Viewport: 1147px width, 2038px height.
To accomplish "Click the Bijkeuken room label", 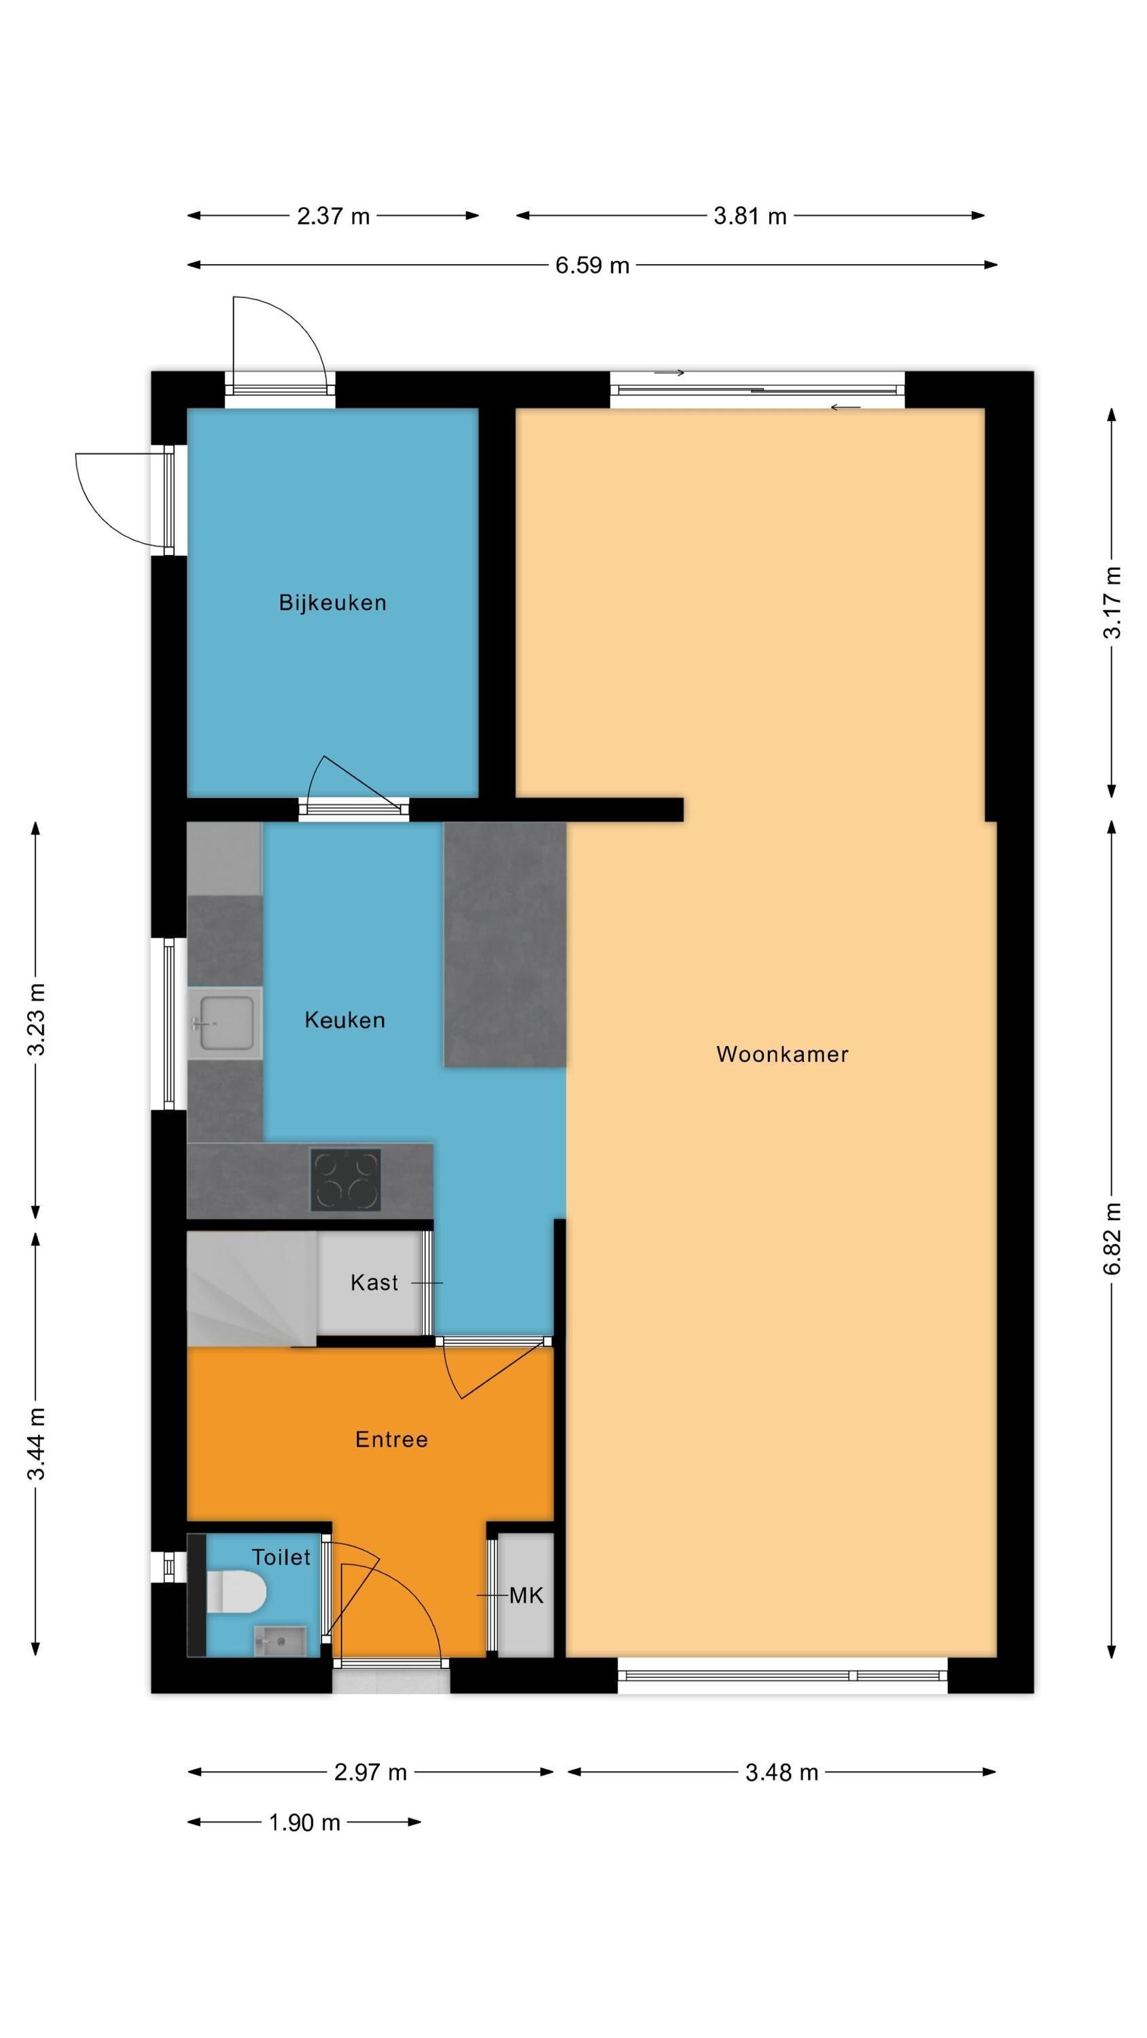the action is tap(332, 603).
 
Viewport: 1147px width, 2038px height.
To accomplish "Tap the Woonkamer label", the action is tap(782, 1054).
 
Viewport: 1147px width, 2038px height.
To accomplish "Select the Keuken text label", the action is tap(345, 1020).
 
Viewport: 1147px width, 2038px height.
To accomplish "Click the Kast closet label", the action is tap(374, 1283).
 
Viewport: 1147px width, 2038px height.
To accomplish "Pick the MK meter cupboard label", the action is tap(527, 1596).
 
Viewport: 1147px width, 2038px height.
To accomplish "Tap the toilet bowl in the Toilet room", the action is tap(235, 1592).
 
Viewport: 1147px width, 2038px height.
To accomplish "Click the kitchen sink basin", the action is tap(226, 1023).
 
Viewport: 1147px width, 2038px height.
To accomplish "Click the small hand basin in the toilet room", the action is tap(279, 1641).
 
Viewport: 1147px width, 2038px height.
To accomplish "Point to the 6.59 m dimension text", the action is tap(592, 265).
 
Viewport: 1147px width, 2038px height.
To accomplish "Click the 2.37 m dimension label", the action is tap(333, 216).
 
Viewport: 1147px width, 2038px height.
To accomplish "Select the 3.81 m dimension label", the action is tap(749, 216).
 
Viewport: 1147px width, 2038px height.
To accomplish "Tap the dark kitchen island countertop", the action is tap(505, 945).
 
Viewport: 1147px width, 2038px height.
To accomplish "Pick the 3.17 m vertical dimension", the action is tap(1112, 602).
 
